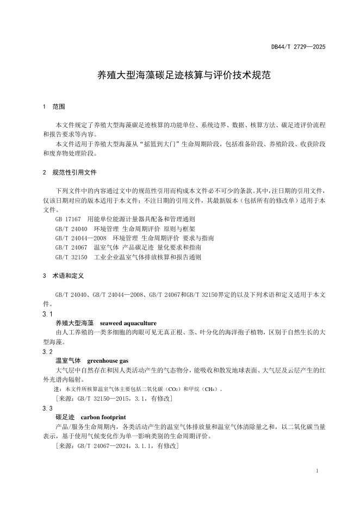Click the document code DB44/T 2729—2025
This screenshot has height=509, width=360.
(x=298, y=47)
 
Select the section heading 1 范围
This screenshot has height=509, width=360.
(x=54, y=107)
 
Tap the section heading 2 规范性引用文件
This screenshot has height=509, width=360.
(x=69, y=172)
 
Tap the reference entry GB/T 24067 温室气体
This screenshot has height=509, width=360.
(x=128, y=247)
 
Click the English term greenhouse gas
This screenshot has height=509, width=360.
(x=108, y=361)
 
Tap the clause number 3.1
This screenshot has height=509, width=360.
(x=47, y=314)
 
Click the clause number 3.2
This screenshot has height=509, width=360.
(x=47, y=352)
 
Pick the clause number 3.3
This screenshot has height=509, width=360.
(x=47, y=408)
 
